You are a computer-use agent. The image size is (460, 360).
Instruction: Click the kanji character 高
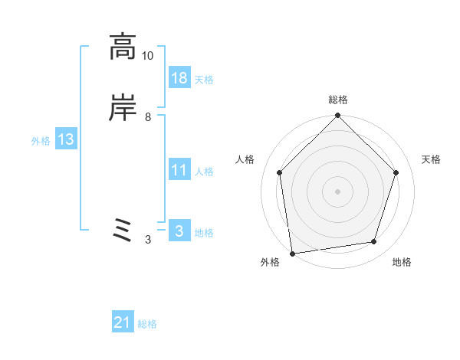pos(123,47)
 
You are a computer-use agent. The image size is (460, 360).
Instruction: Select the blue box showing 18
pos(179,78)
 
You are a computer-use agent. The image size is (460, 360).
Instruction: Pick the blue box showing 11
pos(179,170)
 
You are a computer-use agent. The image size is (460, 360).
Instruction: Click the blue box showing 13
pos(65,139)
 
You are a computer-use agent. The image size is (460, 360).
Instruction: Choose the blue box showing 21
pos(123,323)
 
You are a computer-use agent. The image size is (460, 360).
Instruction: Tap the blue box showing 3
pos(179,231)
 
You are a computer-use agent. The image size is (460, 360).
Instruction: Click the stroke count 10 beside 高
pos(148,56)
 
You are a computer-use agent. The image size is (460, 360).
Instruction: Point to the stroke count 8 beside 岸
pos(148,117)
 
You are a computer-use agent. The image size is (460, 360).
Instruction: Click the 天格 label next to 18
pos(204,80)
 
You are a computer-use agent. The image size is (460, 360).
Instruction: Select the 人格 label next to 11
pos(204,172)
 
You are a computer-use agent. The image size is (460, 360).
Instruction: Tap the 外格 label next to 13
pos(41,141)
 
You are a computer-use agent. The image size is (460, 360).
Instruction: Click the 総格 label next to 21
pos(147,325)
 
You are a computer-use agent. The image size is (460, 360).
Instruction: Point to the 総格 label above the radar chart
pos(337,100)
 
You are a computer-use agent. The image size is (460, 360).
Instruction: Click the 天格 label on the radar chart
pos(431,159)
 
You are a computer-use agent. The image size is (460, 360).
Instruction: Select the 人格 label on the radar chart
pos(245,159)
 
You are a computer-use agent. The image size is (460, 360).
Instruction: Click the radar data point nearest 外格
pos(292,252)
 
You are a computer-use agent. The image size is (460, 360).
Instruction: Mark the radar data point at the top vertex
pos(337,116)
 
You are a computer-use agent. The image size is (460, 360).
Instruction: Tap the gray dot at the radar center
pos(337,191)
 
